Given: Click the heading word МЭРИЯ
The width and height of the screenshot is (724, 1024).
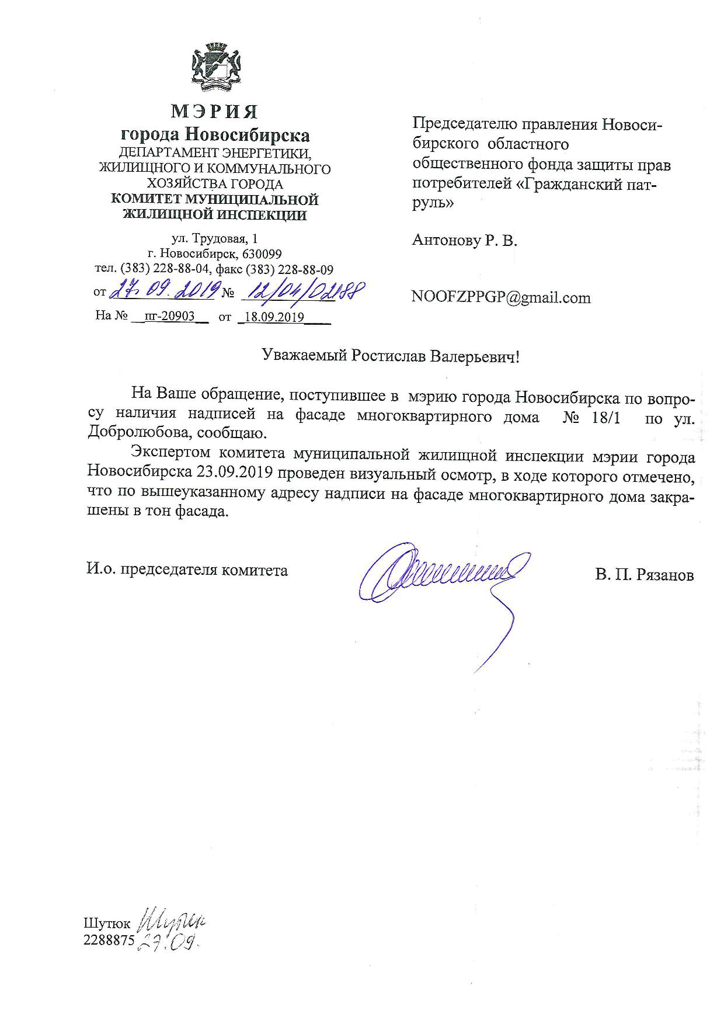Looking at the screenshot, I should coord(214,111).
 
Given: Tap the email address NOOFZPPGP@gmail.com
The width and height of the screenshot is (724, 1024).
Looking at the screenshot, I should coord(501,297).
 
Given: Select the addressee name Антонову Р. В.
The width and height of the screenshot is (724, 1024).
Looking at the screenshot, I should coord(465,240).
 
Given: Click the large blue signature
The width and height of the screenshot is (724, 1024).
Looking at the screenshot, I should coord(444,575).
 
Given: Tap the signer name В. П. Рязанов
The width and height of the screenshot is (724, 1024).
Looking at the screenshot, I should coord(645,575).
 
